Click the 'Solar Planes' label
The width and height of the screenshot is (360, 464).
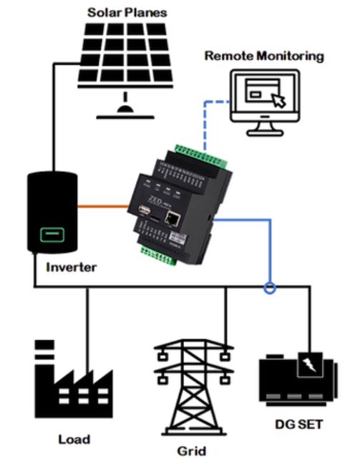[x=127, y=12]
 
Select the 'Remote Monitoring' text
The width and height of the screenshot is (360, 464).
[x=263, y=55]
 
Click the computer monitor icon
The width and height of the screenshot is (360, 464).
[x=264, y=104]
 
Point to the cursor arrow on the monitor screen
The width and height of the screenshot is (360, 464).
[x=278, y=100]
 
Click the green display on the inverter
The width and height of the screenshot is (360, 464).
[x=49, y=234]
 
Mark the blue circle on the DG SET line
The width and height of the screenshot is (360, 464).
[x=269, y=289]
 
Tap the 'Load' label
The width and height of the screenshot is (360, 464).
[x=74, y=438]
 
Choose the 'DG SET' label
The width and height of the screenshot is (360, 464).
[x=298, y=425]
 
